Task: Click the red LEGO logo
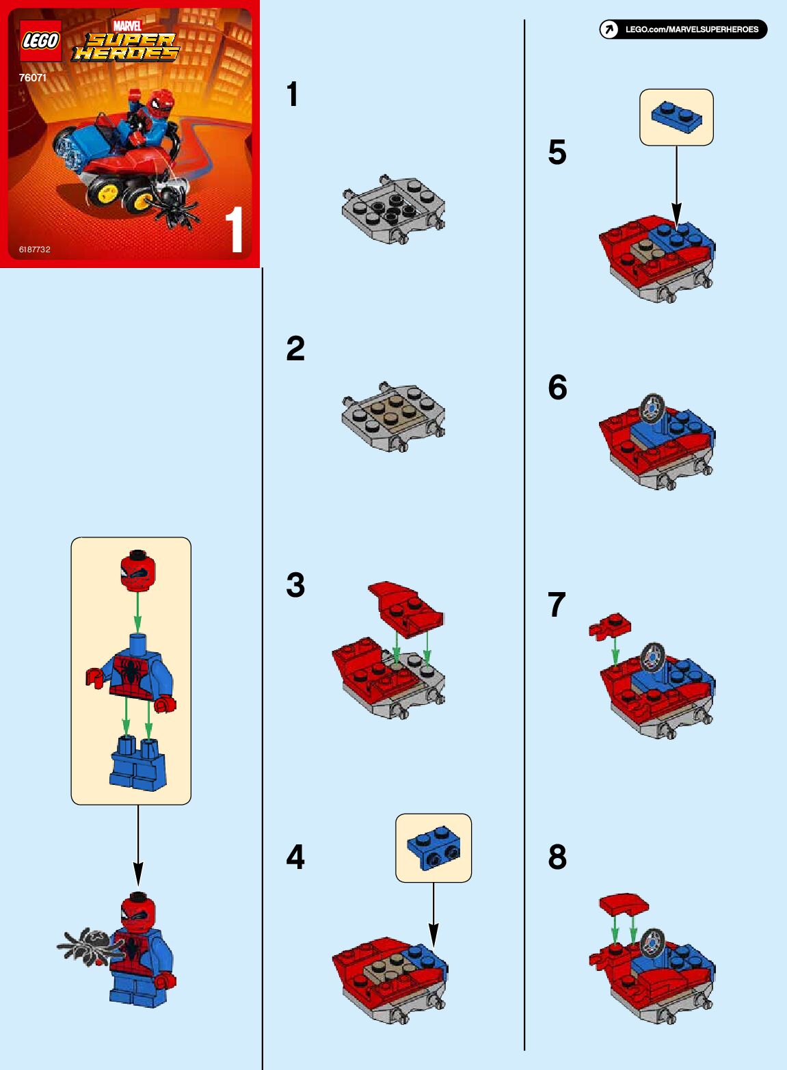point(40,40)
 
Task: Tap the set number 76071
point(33,78)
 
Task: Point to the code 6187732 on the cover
point(34,250)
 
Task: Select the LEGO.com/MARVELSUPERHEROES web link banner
point(683,29)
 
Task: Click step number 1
point(293,94)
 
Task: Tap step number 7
point(557,605)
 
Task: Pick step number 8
point(558,857)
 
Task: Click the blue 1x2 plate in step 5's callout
point(677,116)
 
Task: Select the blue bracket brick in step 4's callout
point(433,848)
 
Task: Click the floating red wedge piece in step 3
point(405,608)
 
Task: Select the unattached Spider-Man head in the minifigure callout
point(137,570)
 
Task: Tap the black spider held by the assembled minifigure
point(91,946)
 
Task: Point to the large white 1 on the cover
point(235,230)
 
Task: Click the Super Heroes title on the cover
point(125,46)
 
